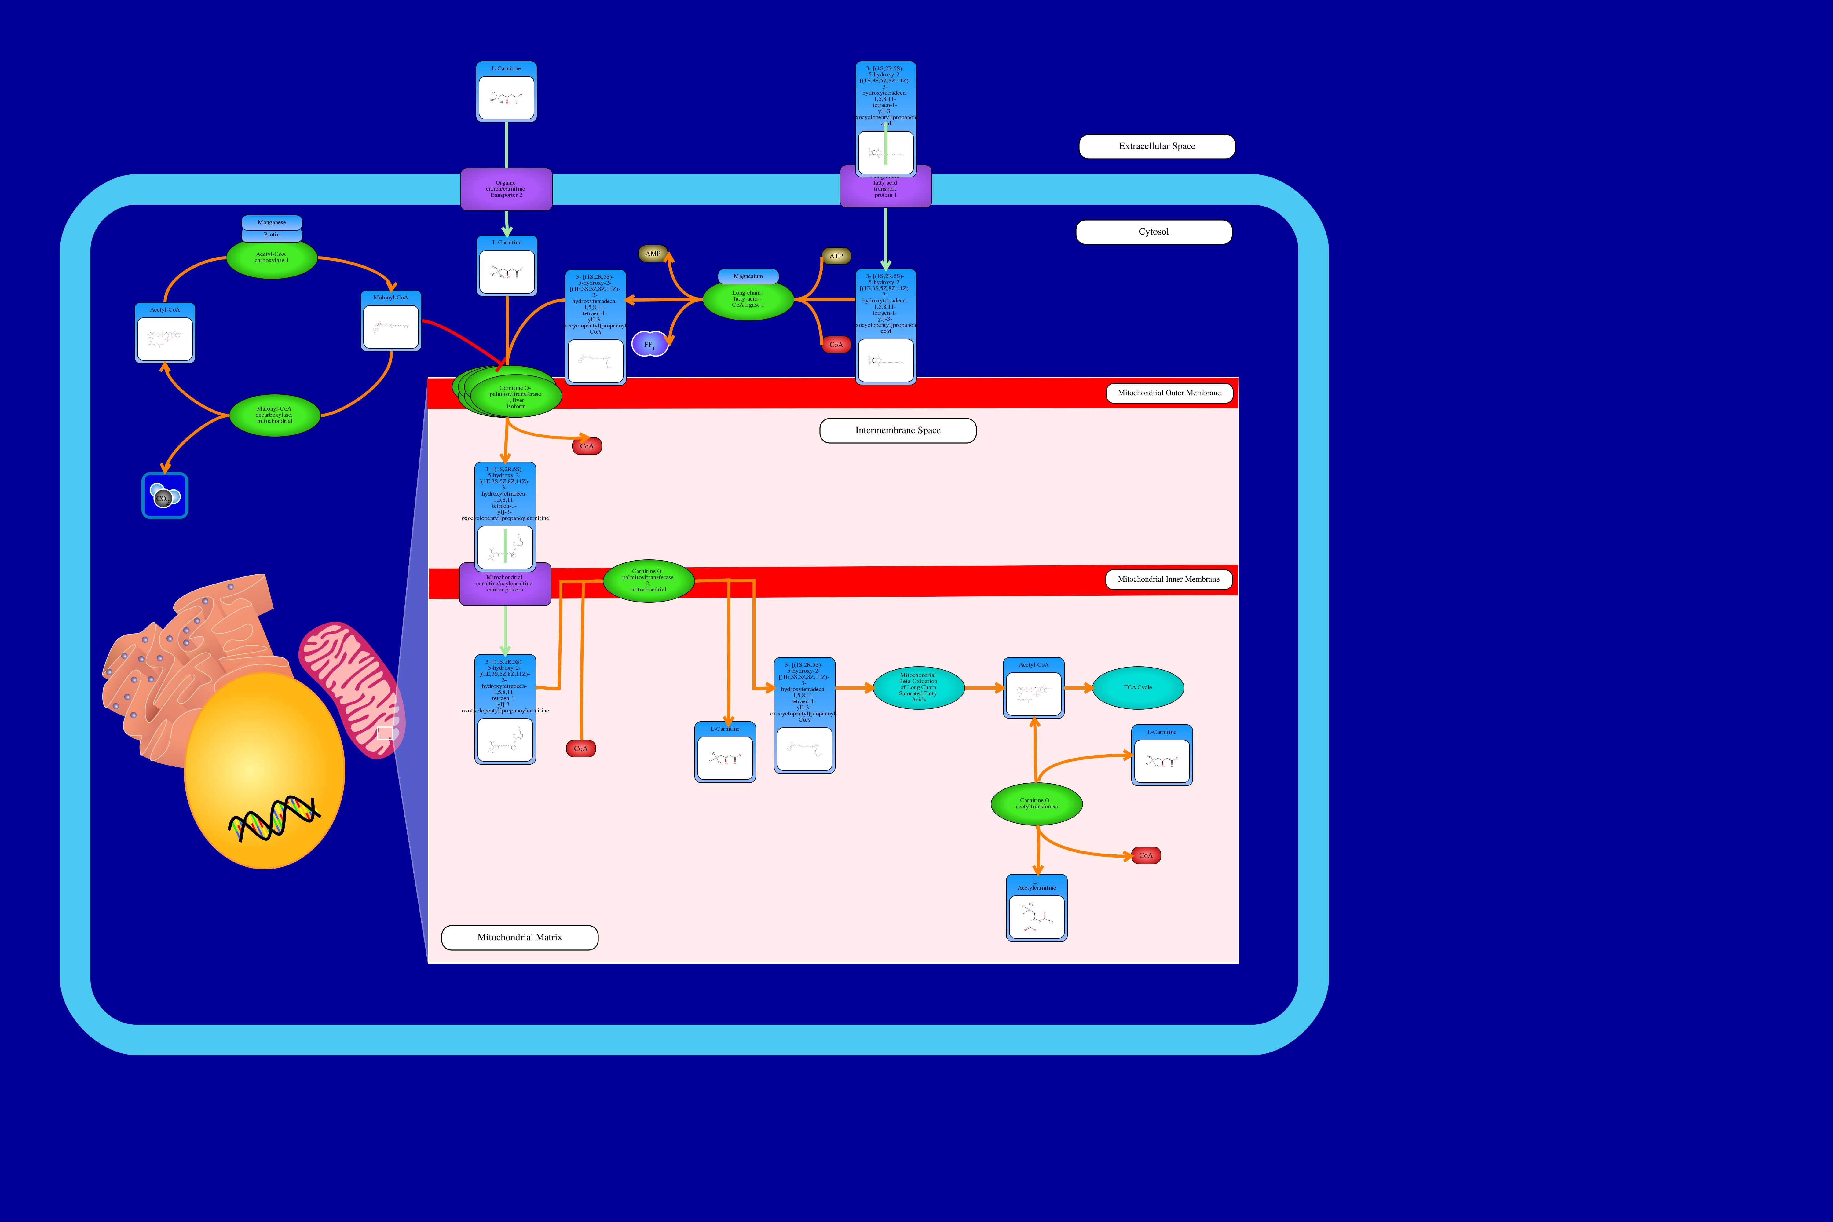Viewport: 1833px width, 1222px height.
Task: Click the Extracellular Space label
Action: click(1157, 147)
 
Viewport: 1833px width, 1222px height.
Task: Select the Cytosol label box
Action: click(1154, 232)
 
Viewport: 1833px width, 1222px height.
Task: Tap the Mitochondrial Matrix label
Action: click(520, 938)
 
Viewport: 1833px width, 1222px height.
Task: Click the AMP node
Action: click(653, 254)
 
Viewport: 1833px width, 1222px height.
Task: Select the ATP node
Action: click(836, 256)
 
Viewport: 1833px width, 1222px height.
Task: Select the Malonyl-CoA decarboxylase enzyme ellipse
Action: click(274, 415)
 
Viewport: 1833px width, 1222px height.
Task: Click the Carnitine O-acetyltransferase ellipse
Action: click(1037, 803)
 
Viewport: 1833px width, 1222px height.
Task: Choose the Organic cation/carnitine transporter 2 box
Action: click(506, 189)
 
